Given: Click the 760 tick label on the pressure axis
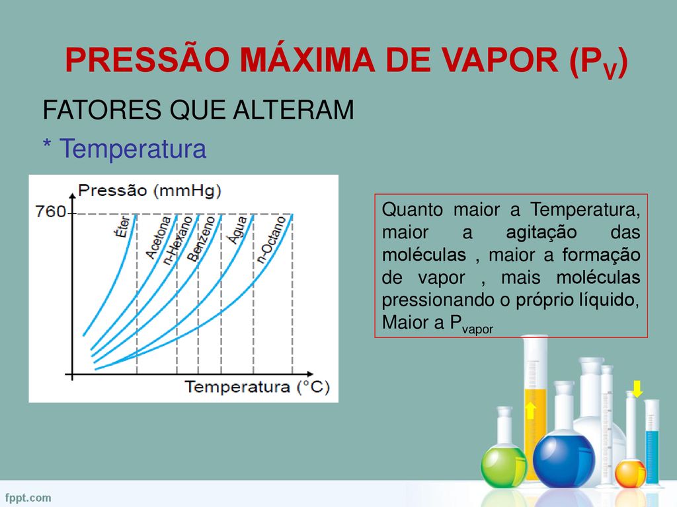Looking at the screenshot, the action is (x=50, y=212).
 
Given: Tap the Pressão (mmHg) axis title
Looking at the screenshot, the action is (x=149, y=191).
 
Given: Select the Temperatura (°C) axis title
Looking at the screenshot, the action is (x=257, y=387).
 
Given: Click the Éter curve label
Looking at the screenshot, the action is (x=122, y=226).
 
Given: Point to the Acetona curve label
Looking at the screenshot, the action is (x=158, y=238).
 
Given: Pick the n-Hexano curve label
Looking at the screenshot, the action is (x=177, y=240).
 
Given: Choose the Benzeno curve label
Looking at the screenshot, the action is (x=200, y=238).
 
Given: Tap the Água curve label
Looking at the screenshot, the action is (x=237, y=230).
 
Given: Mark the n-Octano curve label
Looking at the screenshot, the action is (x=271, y=239).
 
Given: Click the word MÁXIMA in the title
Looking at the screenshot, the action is (x=307, y=60).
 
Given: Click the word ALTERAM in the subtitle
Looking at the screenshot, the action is (x=294, y=110).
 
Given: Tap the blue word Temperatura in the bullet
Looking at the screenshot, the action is (x=132, y=149).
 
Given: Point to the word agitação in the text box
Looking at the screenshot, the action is (x=541, y=232).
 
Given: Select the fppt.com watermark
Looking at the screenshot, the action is (x=28, y=498).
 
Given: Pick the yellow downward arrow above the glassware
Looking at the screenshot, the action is (x=637, y=389).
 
